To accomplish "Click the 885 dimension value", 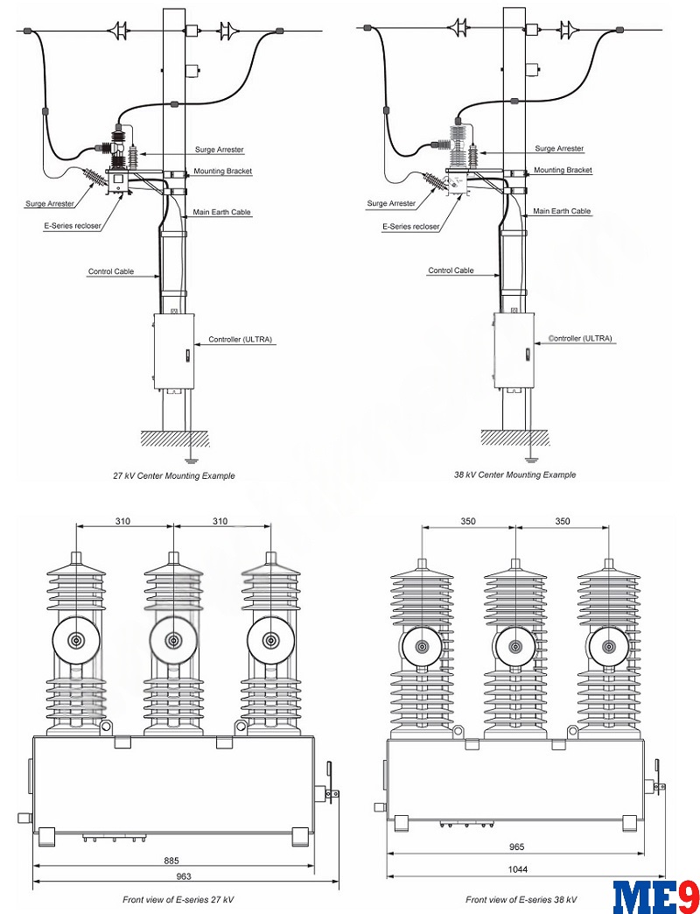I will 173,859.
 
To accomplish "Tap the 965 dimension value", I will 516,848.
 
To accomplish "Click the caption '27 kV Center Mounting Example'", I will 173,475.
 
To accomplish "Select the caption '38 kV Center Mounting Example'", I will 514,475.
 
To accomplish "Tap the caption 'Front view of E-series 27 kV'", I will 178,899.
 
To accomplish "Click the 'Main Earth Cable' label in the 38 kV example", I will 562,211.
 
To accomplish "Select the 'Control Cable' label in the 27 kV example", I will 111,271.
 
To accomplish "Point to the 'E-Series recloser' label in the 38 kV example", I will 411,226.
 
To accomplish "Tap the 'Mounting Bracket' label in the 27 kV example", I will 223,172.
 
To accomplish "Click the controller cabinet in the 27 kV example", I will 173,350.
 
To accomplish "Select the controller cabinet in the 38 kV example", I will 514,349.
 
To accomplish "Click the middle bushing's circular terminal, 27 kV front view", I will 173,640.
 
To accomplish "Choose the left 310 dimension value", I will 123,521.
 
